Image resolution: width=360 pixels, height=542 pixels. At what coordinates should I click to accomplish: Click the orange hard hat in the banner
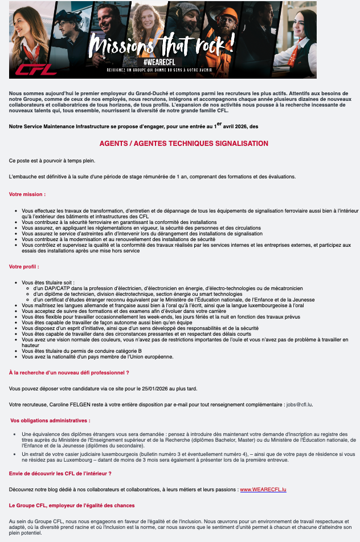tap(229, 13)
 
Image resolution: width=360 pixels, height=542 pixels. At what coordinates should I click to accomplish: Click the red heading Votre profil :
tap(24, 266)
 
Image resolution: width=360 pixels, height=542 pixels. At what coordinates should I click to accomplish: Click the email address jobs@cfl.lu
tap(299, 405)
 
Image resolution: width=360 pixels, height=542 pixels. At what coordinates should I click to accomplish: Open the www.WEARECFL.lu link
tap(263, 490)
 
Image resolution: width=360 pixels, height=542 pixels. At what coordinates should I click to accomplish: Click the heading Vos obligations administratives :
tap(50, 421)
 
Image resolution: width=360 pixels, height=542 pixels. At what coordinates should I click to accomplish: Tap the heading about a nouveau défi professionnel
tap(69, 372)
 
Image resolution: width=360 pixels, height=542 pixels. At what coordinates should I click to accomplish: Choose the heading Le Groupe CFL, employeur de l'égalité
tap(72, 506)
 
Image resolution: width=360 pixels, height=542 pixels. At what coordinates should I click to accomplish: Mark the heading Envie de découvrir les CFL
tap(60, 474)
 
